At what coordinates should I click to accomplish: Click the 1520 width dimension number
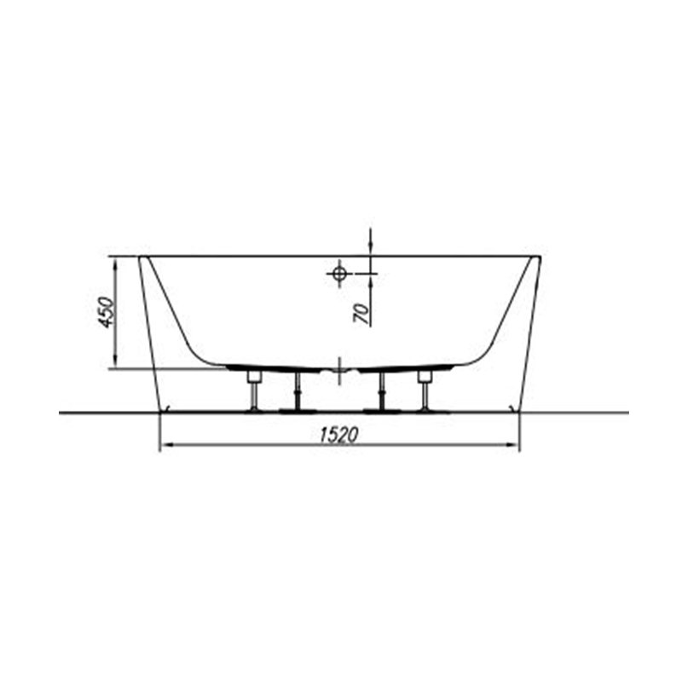[x=338, y=435]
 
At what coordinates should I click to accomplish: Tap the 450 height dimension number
[x=106, y=312]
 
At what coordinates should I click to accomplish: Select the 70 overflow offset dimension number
[x=361, y=314]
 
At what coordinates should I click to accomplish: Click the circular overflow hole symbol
[x=339, y=274]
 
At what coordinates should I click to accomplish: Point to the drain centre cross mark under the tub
[x=339, y=370]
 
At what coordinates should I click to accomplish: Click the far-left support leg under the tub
[x=253, y=390]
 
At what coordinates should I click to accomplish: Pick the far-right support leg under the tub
[x=424, y=390]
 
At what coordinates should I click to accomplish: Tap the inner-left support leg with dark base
[x=297, y=392]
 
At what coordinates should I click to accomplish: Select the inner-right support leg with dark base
[x=381, y=392]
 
